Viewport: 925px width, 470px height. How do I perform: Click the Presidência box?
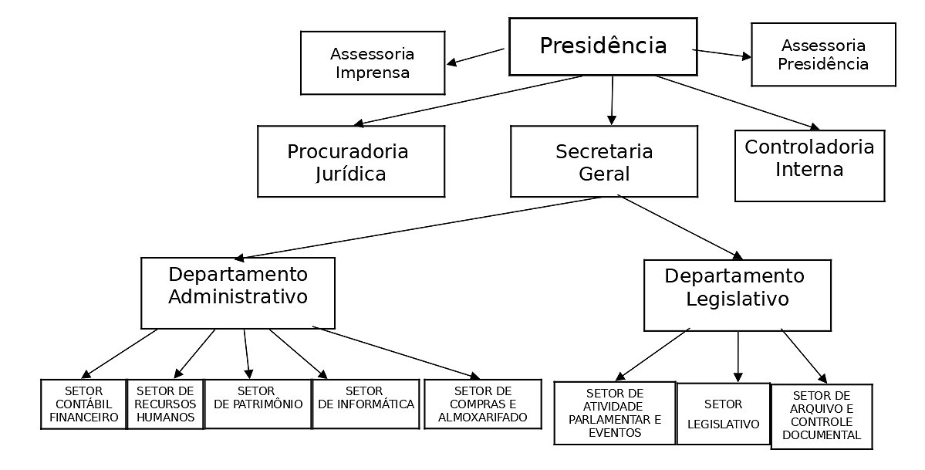[603, 46]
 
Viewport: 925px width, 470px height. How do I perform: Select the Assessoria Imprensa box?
[372, 63]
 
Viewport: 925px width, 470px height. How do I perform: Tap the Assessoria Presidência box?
[822, 55]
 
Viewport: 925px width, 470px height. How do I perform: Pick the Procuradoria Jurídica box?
[350, 161]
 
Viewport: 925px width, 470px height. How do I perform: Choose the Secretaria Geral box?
[603, 161]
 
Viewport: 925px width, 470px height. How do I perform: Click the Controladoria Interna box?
[809, 165]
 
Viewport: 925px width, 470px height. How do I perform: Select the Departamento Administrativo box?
[238, 292]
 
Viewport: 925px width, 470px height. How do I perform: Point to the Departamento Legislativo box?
[737, 295]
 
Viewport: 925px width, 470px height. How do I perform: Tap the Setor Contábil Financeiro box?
[83, 404]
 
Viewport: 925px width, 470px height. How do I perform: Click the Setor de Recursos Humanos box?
[164, 404]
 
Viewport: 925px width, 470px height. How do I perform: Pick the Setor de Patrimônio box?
[257, 403]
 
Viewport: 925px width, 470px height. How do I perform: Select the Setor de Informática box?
[365, 403]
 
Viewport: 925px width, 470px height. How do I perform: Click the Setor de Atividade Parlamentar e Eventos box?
[615, 413]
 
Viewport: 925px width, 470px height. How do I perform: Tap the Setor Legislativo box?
[723, 414]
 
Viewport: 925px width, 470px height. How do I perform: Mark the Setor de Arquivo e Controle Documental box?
[821, 416]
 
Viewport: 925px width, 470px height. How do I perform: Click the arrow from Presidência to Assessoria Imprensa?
[476, 56]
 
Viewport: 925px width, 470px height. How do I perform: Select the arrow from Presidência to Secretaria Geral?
[612, 100]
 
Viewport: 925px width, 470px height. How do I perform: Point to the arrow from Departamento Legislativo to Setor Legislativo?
[738, 356]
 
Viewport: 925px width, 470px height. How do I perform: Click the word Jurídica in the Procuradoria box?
[350, 174]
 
